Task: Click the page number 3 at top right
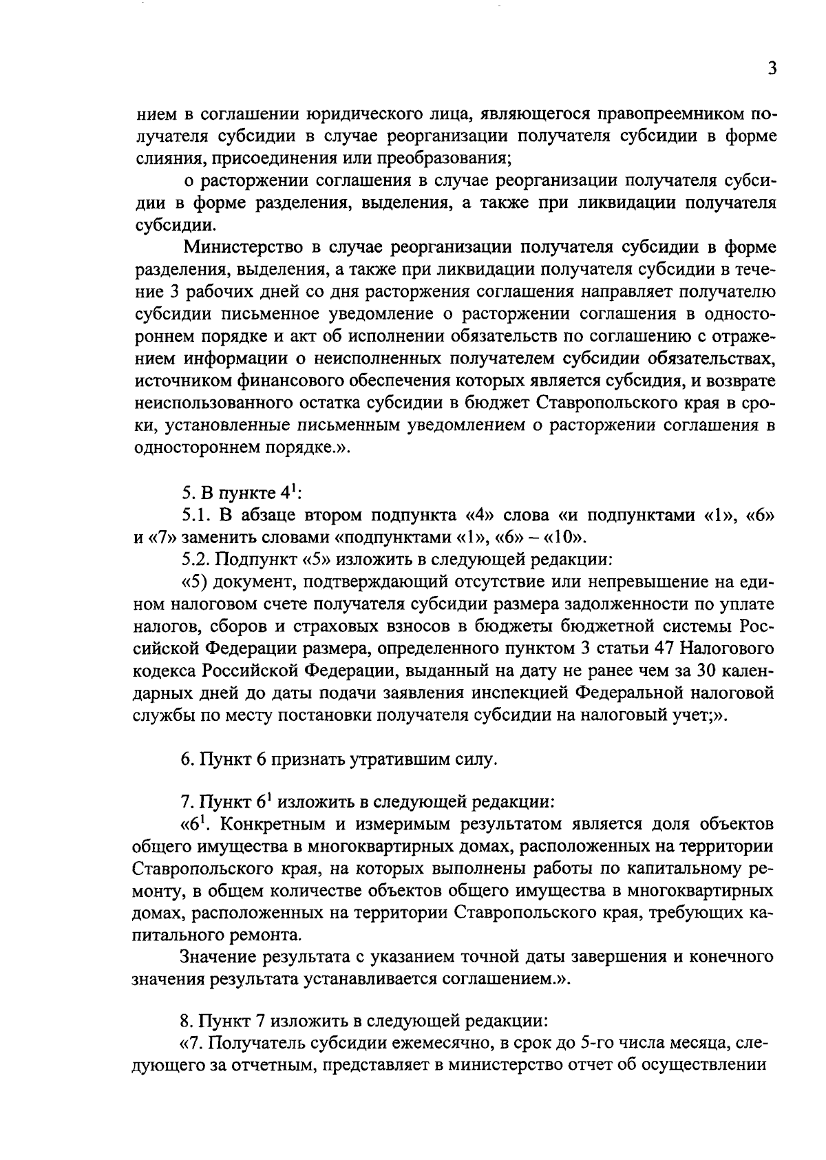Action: (x=772, y=70)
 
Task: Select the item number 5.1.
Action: (x=197, y=516)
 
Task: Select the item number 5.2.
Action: (x=197, y=559)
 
